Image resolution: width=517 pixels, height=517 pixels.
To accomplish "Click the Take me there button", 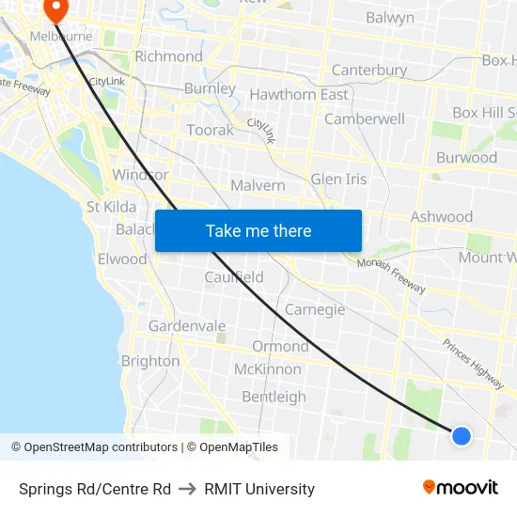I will [258, 230].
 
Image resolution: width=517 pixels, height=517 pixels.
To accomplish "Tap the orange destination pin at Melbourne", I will [55, 8].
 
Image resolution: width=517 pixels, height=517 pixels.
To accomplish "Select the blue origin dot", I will [461, 435].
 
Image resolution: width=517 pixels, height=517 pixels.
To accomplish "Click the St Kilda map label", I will [111, 207].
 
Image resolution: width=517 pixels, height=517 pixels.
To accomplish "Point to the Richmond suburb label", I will [168, 56].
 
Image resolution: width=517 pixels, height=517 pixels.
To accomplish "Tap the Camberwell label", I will [365, 119].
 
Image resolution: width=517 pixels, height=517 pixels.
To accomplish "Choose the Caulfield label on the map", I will [234, 277].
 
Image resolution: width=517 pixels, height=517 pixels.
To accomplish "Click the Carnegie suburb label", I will [315, 309].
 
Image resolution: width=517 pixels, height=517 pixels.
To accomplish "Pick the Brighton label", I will [150, 361].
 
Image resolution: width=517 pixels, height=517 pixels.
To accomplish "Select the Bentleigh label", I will [274, 397].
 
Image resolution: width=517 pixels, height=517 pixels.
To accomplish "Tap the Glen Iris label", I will [338, 179].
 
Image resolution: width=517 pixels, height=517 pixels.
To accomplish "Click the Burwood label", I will [466, 157].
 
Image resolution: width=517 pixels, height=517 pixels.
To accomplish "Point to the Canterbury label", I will [369, 70].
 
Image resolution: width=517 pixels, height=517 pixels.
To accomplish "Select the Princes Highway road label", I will [473, 364].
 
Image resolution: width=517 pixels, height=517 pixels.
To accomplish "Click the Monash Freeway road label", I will [391, 275].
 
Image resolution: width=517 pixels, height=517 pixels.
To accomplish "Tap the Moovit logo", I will [461, 487].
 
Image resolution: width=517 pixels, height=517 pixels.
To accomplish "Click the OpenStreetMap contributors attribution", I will [94, 447].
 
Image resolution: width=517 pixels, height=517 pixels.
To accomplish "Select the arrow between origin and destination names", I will [187, 489].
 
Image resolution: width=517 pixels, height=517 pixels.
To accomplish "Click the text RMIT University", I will [259, 489].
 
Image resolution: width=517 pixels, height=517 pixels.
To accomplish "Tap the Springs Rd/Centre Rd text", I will [95, 489].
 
